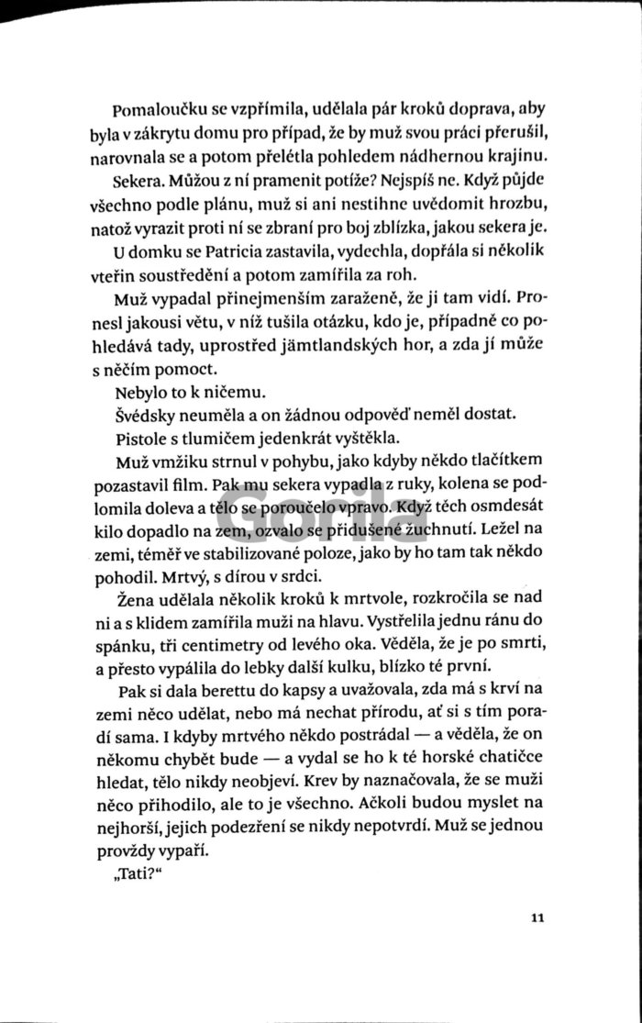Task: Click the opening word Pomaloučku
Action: tap(155, 106)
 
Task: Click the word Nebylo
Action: tap(139, 391)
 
